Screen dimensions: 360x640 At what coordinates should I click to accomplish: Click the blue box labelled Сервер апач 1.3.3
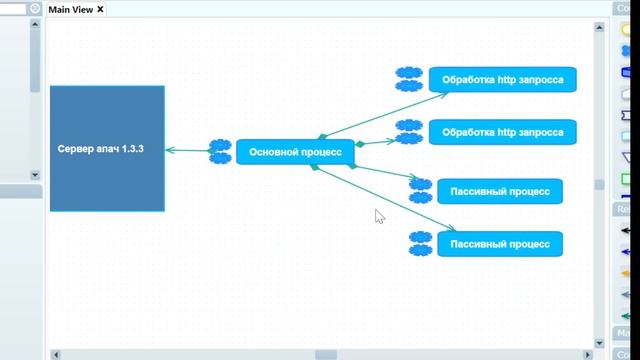(107, 148)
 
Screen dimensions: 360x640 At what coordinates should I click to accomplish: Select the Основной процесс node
(295, 152)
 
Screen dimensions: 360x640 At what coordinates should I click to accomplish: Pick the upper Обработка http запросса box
(502, 79)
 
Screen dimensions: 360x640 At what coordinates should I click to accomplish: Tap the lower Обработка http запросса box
(502, 131)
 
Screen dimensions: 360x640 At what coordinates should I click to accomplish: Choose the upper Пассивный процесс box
(500, 191)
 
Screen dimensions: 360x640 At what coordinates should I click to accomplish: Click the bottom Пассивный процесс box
(500, 243)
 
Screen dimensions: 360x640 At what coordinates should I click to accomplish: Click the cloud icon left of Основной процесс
(220, 152)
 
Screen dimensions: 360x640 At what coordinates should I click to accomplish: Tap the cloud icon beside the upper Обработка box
(408, 79)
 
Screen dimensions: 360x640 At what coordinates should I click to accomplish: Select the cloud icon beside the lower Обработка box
(408, 131)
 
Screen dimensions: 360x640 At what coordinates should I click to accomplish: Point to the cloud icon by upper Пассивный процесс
(421, 191)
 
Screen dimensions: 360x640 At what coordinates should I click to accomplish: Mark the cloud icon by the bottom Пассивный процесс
(421, 243)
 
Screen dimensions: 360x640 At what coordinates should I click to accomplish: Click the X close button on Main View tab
(100, 9)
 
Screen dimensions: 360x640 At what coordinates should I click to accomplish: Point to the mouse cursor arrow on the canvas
(378, 214)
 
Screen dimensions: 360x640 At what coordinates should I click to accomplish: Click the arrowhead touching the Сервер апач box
(169, 150)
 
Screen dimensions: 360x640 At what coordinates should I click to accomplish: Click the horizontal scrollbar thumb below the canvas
(326, 354)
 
